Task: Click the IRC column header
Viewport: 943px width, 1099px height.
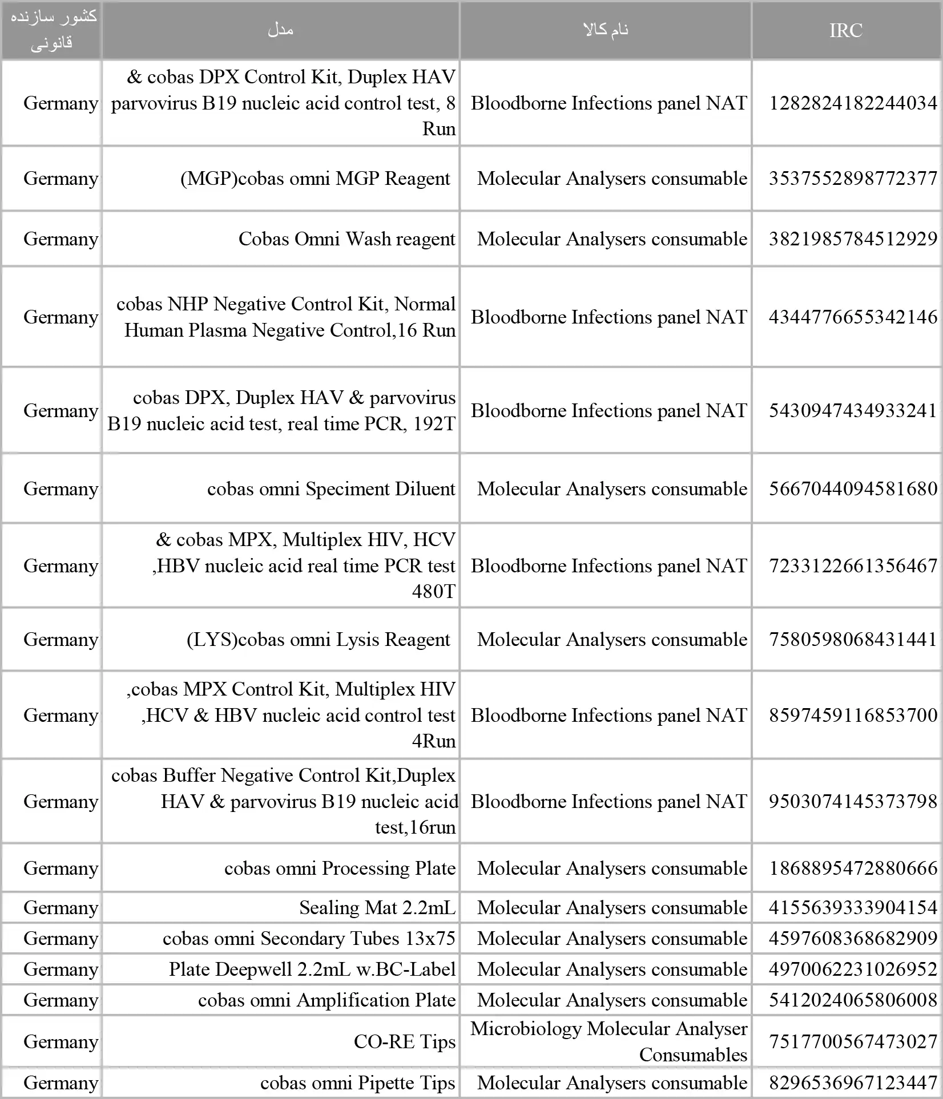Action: click(845, 30)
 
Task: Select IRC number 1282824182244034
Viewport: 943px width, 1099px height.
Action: click(853, 103)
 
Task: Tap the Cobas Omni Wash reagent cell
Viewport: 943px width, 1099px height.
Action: click(346, 239)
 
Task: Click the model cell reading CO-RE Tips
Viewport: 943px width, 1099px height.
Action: click(404, 1041)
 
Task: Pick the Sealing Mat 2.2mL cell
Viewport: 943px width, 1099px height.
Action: click(377, 907)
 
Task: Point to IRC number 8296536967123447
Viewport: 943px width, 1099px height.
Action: click(853, 1082)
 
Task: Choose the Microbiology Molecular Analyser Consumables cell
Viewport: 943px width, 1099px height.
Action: click(608, 1041)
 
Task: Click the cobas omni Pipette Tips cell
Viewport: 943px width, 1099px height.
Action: click(357, 1082)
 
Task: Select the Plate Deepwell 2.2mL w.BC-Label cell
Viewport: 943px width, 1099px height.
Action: click(312, 969)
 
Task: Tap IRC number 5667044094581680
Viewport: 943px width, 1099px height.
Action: click(853, 488)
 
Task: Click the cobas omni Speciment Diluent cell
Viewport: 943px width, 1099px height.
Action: click(331, 488)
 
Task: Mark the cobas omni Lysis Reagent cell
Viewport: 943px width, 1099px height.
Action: click(319, 639)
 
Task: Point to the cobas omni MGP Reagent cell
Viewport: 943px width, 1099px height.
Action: click(316, 178)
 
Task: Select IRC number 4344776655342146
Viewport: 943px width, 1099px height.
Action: click(853, 317)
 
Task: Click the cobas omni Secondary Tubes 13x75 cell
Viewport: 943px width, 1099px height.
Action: click(309, 938)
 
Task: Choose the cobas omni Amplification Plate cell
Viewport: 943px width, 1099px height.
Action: click(327, 1000)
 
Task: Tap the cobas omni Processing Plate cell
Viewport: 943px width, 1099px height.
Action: click(340, 868)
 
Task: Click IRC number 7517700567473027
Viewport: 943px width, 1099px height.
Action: click(853, 1041)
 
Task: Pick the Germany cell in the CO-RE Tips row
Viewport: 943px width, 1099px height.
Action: click(61, 1041)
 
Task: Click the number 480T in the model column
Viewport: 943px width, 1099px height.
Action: click(433, 591)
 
